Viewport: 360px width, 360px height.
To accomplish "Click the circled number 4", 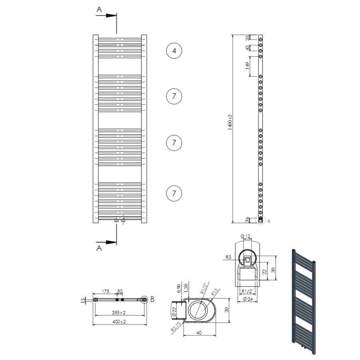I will [x=174, y=51].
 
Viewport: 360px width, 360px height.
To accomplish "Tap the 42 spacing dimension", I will [x=248, y=48].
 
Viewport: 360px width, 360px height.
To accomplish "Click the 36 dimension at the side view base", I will [x=248, y=219].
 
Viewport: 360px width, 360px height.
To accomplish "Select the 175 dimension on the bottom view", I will [x=106, y=292].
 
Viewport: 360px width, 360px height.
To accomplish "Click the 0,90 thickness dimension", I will [x=179, y=288].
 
